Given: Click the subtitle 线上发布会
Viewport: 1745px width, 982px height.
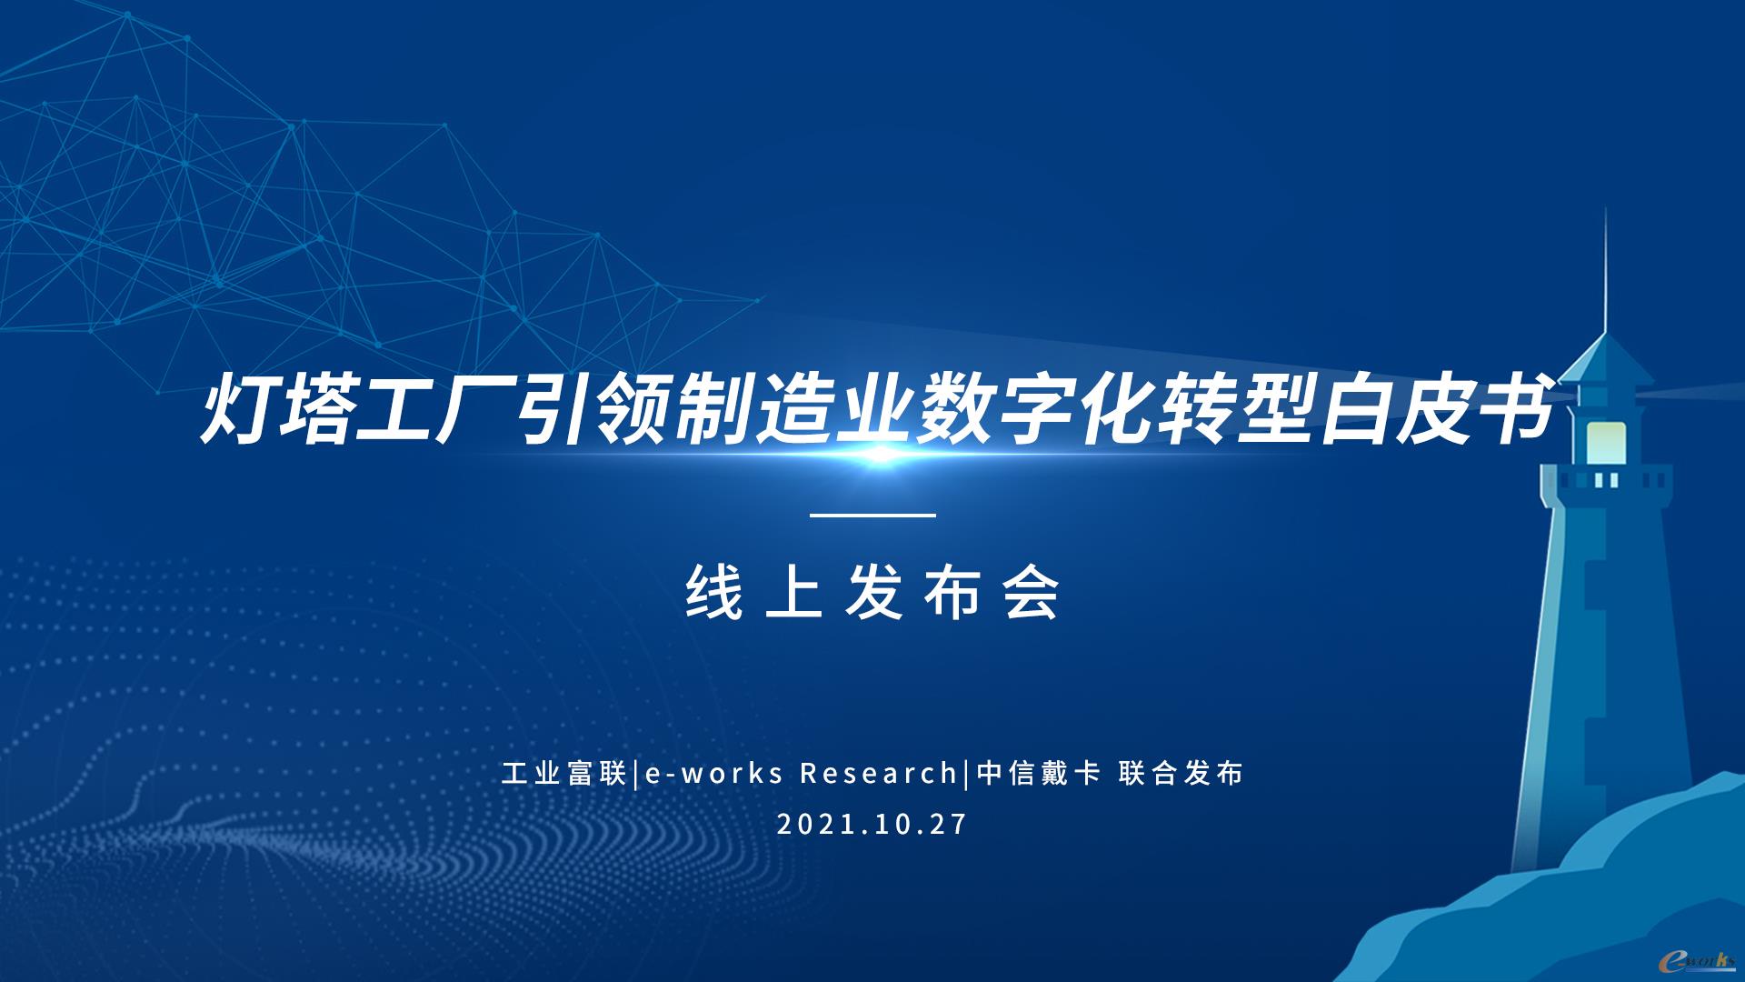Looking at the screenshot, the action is click(872, 592).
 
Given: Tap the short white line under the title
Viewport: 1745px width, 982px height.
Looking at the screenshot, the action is click(872, 516).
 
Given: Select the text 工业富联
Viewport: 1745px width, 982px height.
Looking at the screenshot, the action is click(563, 773).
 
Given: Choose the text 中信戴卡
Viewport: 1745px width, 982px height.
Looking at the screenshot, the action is click(1039, 773).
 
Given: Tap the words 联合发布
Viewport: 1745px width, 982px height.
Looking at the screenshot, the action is click(1181, 773).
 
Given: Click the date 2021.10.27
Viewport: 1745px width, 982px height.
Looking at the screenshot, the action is click(872, 825).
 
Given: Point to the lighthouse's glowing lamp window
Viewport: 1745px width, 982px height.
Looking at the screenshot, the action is click(1606, 442).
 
